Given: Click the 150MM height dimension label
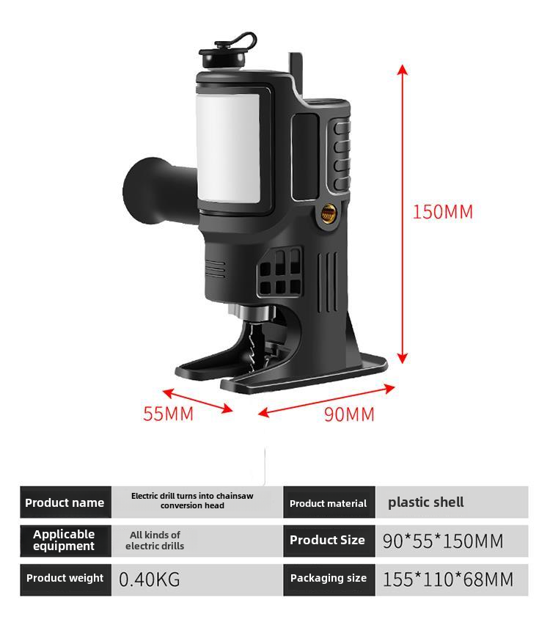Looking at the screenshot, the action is (442, 212).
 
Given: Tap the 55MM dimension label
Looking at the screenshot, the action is (168, 414).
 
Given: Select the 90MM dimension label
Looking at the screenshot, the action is (349, 414).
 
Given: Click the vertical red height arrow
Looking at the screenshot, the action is (402, 213).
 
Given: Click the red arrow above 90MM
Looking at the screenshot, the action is (326, 400).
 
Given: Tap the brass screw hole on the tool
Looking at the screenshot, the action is (329, 214).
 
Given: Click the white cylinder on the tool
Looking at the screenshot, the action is (228, 147).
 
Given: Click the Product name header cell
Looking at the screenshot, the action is (65, 502).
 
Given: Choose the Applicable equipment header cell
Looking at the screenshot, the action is (65, 540).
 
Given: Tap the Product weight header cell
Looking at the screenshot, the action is (65, 578).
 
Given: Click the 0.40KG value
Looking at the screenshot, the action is (150, 579).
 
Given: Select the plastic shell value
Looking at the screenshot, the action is (425, 502).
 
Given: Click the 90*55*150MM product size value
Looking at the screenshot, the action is (443, 541).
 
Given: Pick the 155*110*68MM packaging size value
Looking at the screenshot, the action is (448, 579).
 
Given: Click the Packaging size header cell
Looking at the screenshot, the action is (329, 578).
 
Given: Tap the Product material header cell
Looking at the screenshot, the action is (329, 503).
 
